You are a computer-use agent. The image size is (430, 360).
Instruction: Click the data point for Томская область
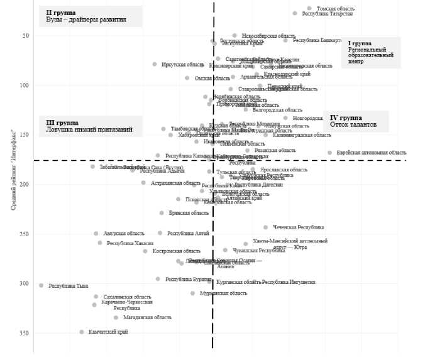[309, 8]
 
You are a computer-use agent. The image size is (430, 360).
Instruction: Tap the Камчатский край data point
[82, 332]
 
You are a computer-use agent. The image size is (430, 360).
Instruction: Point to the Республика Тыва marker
[41, 285]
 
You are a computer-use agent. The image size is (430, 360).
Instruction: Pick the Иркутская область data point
[155, 64]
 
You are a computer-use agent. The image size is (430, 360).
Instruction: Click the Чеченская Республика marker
[266, 227]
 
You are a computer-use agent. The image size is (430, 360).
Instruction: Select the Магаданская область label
[147, 317]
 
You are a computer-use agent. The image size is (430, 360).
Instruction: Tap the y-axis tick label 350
[25, 333]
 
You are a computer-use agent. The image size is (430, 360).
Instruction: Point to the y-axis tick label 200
[25, 184]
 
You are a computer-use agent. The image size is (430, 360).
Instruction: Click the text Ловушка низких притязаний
[89, 129]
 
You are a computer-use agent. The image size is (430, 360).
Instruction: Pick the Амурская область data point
[96, 234]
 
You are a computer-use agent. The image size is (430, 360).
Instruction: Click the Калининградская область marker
[266, 134]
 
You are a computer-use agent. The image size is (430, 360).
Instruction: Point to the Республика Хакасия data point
[100, 243]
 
